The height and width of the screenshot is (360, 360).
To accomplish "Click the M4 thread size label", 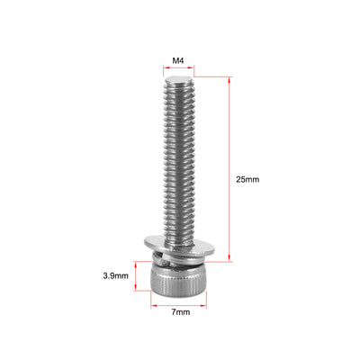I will [179, 62].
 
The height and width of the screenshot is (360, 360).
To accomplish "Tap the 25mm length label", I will [247, 179].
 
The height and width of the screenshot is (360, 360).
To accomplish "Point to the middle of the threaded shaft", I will [179, 162].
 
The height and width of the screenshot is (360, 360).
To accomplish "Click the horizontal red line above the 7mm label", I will [179, 303].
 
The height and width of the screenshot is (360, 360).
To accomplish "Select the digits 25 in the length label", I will [242, 179].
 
